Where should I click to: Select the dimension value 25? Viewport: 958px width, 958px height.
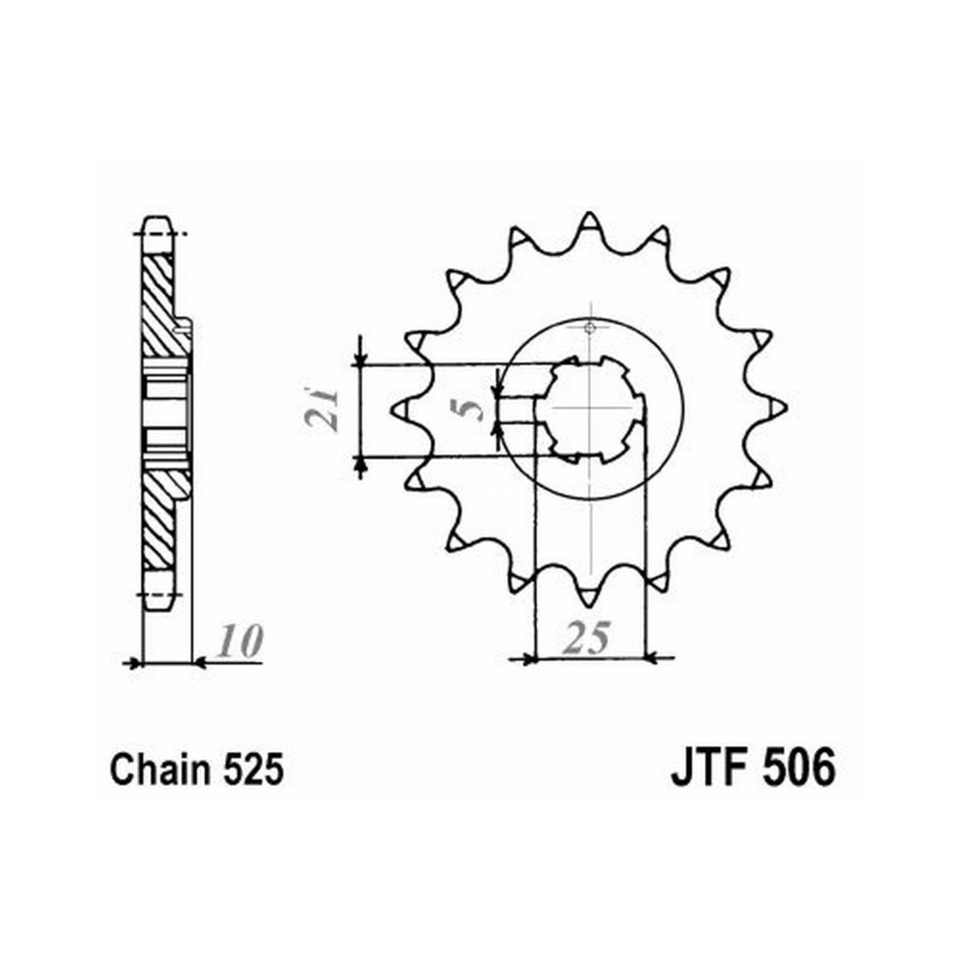[x=587, y=637]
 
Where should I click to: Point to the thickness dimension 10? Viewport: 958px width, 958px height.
[x=240, y=641]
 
